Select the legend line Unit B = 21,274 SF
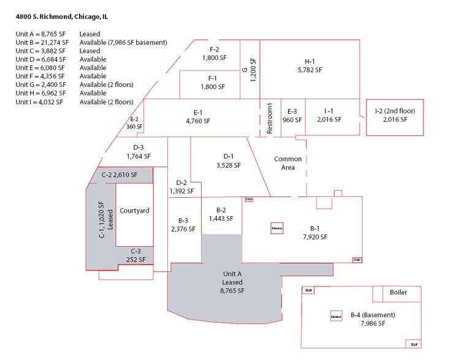coord(42,43)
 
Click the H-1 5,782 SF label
coord(309,66)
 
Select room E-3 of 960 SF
coord(292,116)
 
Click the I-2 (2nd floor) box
coord(395,116)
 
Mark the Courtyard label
coord(134,211)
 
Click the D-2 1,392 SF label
coord(181,187)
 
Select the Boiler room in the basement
coord(398,293)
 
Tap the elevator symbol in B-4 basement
coord(335,316)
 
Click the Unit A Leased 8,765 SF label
coord(232,282)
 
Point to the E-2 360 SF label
coord(134,123)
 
